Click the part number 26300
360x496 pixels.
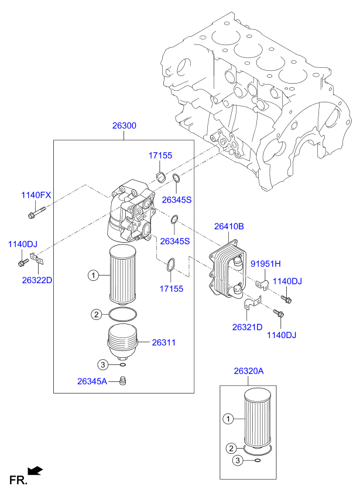point(124,125)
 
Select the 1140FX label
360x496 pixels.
point(37,195)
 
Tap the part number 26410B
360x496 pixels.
point(229,226)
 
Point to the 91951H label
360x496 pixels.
point(266,263)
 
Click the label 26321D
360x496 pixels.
point(247,326)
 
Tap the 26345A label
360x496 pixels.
point(92,381)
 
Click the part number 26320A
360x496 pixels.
point(249,371)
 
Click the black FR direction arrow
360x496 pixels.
point(36,470)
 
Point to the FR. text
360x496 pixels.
point(18,481)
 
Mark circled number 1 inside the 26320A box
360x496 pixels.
point(229,418)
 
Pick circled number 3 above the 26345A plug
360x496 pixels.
point(102,364)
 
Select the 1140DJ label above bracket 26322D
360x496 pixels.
point(22,244)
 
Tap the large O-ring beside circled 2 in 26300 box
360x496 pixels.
point(124,315)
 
